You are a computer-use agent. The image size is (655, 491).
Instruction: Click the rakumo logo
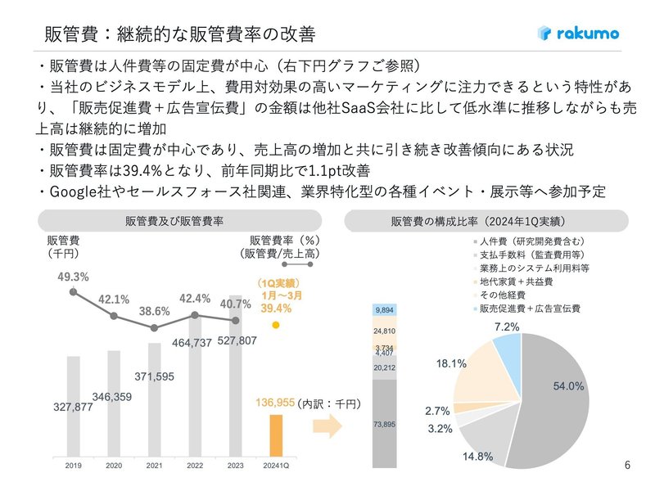click(578, 34)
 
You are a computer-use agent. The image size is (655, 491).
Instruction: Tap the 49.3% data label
click(73, 277)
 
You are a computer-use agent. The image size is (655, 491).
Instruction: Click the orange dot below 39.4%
click(276, 324)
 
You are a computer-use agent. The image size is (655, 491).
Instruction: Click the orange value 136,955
click(276, 403)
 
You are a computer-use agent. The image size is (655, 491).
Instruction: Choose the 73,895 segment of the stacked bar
click(385, 423)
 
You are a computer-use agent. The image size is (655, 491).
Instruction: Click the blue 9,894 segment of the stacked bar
click(385, 311)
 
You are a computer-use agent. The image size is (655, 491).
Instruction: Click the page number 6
click(627, 466)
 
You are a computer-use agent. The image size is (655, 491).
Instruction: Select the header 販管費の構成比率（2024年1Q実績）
click(486, 222)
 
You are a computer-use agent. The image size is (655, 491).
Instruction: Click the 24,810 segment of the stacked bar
click(385, 332)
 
